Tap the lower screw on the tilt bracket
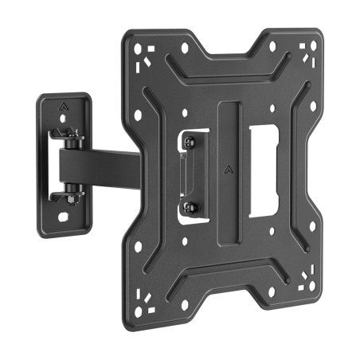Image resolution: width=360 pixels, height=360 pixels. (x=191, y=209)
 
